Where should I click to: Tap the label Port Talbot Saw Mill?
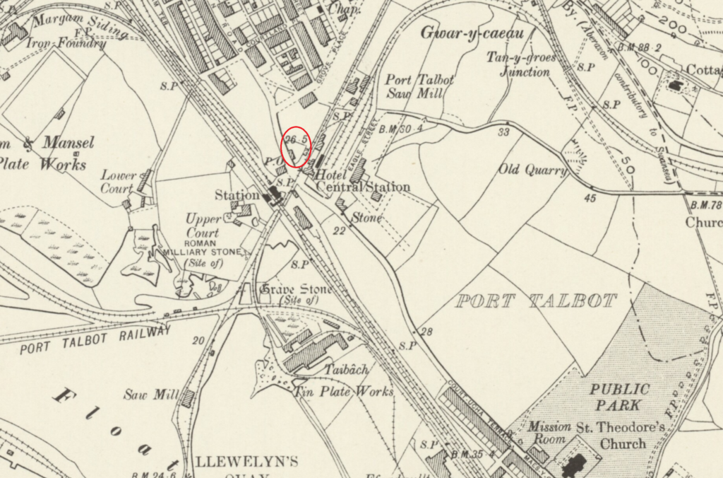(x=419, y=87)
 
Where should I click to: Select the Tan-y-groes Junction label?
(x=520, y=64)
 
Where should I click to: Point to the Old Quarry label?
(x=532, y=170)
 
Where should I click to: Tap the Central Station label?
(x=363, y=187)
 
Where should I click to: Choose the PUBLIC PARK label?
(x=619, y=397)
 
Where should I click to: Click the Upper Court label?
(x=202, y=225)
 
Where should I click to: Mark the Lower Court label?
(x=118, y=182)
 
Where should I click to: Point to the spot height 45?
(x=590, y=198)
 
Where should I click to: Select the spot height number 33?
(x=503, y=132)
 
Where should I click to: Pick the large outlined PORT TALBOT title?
(x=536, y=301)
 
